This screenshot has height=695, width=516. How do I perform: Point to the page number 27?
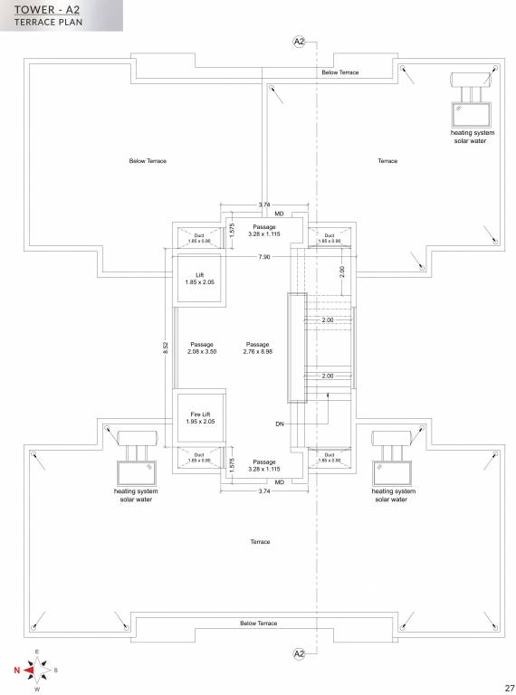(504, 686)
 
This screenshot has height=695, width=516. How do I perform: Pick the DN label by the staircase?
(280, 423)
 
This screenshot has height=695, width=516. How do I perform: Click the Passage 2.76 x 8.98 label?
(258, 347)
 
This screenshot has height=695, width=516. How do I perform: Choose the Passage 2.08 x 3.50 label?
(202, 347)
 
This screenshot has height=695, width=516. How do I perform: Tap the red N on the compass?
(16, 671)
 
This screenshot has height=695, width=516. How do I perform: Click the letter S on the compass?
(56, 671)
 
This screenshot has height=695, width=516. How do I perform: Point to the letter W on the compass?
(37, 690)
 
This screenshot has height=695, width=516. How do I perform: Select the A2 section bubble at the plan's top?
(299, 43)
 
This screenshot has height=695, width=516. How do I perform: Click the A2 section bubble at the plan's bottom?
(299, 652)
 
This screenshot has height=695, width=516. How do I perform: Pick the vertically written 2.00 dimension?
(342, 271)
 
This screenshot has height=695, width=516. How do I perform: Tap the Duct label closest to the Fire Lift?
(199, 457)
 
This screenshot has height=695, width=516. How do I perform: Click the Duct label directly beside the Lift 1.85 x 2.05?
(199, 238)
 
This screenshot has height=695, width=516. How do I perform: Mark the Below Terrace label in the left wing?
(148, 161)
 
